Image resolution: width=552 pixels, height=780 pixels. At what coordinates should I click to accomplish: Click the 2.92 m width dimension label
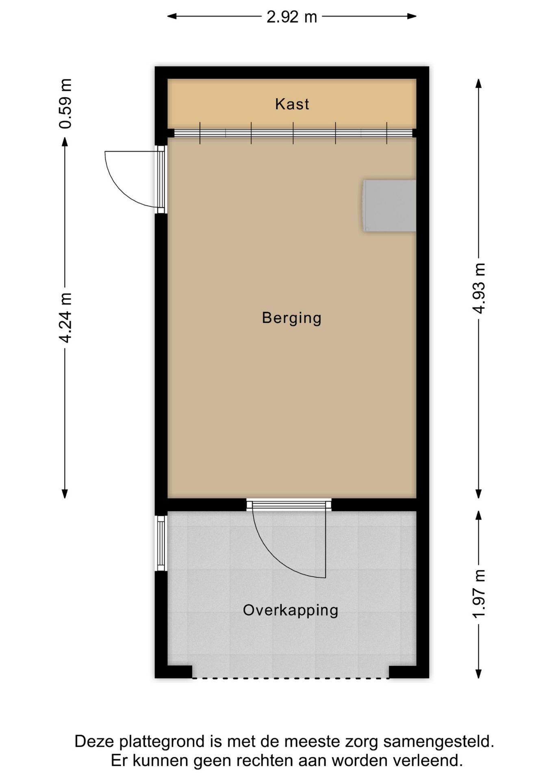coord(291,17)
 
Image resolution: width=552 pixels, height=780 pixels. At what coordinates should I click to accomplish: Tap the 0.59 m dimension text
coord(65,104)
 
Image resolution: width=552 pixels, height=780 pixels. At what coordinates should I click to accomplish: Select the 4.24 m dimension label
coord(65,317)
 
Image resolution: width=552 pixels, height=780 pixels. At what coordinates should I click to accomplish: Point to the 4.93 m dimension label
coord(479,288)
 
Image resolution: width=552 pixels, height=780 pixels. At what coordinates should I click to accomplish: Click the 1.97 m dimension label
coord(479,594)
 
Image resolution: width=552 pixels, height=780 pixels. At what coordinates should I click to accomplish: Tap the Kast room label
coord(292,104)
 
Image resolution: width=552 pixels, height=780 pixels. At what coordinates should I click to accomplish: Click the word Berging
coord(291,318)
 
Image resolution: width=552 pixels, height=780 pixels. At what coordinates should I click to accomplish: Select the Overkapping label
coord(290,610)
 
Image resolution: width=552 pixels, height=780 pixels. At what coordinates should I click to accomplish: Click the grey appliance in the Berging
coord(389,206)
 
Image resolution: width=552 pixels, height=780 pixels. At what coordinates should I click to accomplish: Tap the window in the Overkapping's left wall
coord(161,543)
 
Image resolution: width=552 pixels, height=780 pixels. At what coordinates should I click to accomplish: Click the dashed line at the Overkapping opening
coord(290,678)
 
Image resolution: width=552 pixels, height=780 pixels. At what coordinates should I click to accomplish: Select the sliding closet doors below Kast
coord(293,133)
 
